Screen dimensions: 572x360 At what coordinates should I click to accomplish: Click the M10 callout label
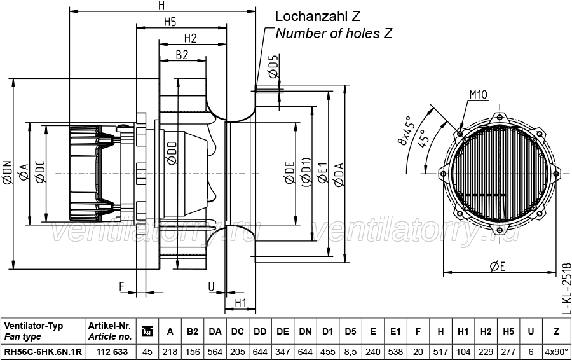click(x=478, y=95)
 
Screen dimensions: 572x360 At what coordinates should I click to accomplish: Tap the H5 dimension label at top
click(x=170, y=22)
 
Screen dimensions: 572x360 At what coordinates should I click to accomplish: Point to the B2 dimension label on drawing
click(x=182, y=55)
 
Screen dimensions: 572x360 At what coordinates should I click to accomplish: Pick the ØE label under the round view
click(x=498, y=267)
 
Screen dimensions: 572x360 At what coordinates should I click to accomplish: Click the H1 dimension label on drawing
click(x=240, y=303)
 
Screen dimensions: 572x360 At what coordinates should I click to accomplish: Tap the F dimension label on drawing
click(x=122, y=287)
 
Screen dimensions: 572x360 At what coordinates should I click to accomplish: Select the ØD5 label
click(x=273, y=66)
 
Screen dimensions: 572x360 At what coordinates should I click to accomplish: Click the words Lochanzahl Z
click(x=318, y=16)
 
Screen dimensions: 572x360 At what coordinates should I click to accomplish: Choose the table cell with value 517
click(x=440, y=352)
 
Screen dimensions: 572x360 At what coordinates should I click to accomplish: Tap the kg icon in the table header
click(x=147, y=331)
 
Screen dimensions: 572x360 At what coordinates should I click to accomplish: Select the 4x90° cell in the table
click(x=557, y=352)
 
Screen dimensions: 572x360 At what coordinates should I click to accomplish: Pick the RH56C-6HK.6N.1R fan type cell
click(x=43, y=352)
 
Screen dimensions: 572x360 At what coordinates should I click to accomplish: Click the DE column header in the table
click(x=283, y=331)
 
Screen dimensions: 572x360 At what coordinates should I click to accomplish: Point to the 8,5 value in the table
click(x=350, y=352)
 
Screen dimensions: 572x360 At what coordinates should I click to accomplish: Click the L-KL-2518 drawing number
click(x=566, y=288)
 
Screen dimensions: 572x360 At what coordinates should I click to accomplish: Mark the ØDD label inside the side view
click(x=171, y=153)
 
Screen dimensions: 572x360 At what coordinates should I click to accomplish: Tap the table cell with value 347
click(x=283, y=352)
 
